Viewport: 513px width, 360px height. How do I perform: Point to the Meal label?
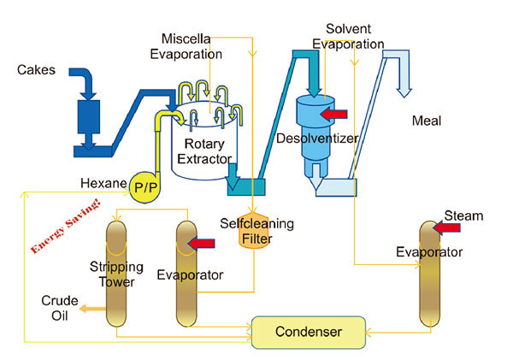[x=426, y=121]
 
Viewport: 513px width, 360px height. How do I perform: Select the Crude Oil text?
[x=61, y=307]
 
